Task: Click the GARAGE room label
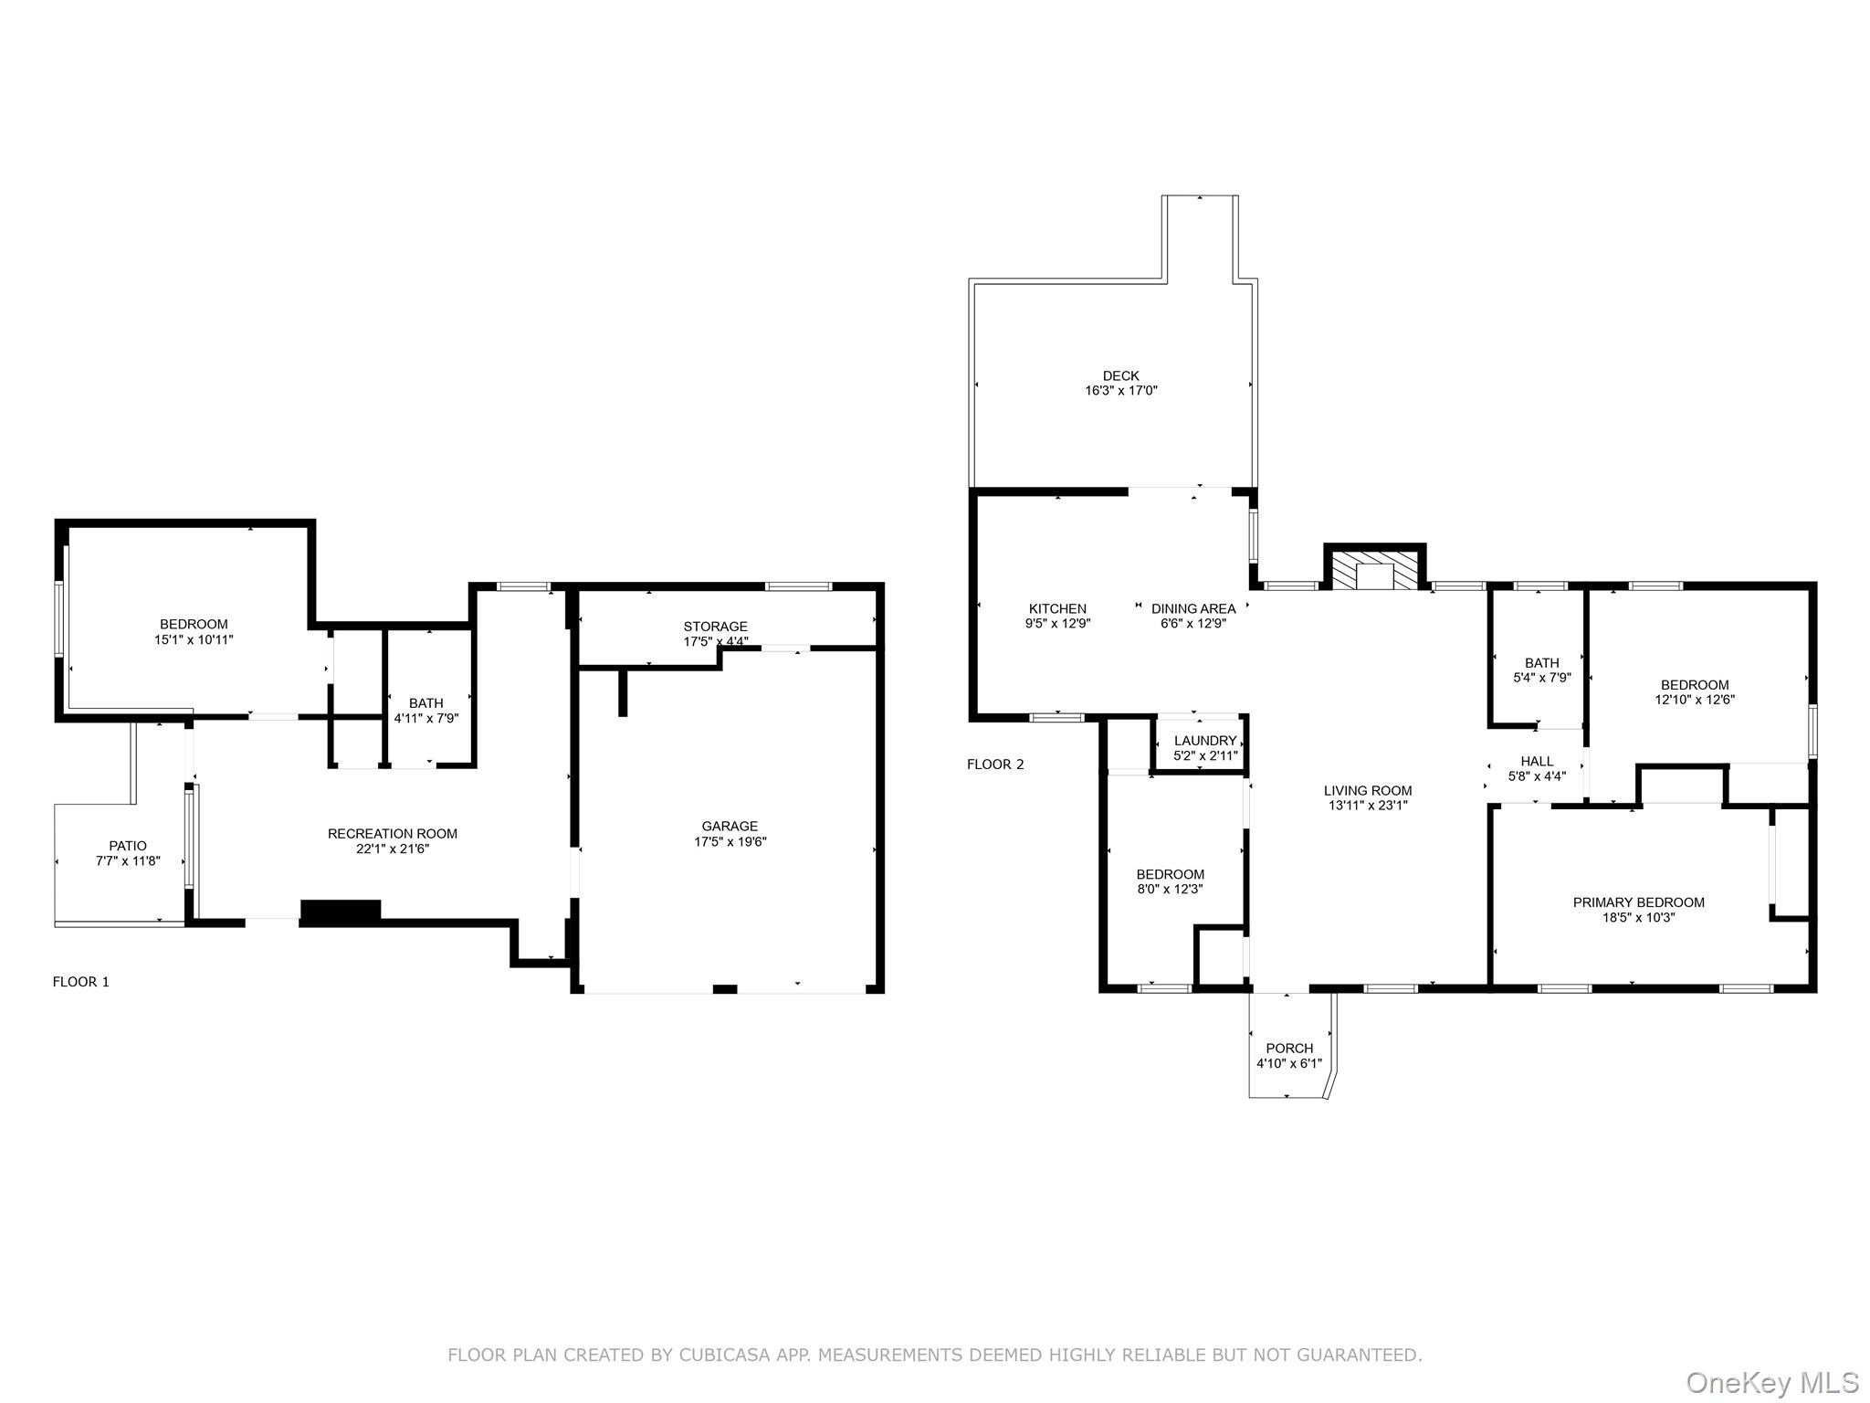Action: click(730, 827)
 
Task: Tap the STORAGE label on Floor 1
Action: click(716, 627)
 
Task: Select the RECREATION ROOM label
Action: click(393, 834)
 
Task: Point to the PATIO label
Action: click(128, 846)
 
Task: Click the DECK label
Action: click(1121, 375)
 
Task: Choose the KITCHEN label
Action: click(1058, 609)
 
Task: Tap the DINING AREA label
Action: click(1193, 609)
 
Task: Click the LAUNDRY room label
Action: click(1205, 741)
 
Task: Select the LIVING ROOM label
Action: click(1368, 791)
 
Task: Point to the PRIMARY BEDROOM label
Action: click(1639, 902)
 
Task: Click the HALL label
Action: click(1538, 762)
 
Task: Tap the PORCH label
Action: click(1289, 1049)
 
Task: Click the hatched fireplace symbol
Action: click(1375, 569)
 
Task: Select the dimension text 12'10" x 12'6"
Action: click(1695, 700)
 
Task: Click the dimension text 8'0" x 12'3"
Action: click(1171, 889)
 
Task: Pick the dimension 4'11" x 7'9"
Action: click(426, 718)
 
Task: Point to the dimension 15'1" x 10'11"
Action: click(194, 639)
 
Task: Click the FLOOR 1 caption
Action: click(81, 982)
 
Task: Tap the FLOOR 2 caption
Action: click(996, 765)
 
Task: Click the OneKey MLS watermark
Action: click(1772, 1382)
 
